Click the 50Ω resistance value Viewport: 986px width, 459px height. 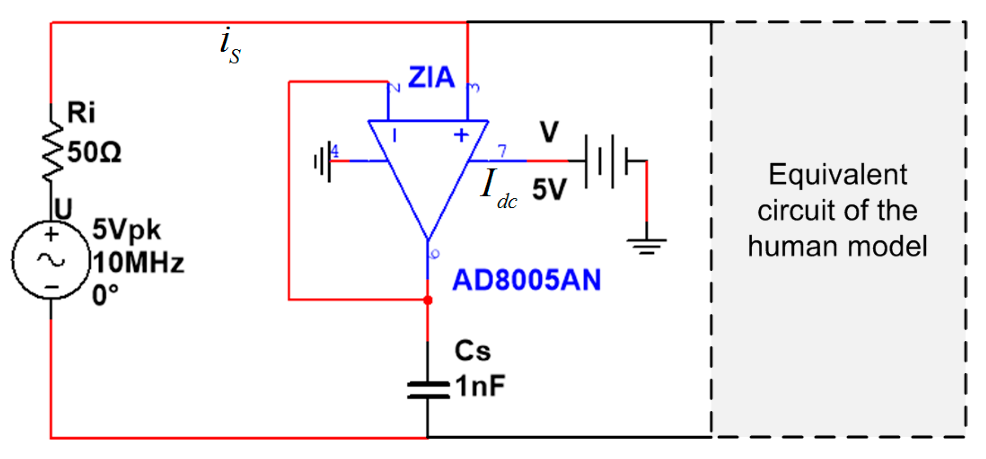94,153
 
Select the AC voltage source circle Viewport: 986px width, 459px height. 51,260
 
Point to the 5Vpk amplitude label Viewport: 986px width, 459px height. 126,230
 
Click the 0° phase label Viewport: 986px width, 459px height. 105,296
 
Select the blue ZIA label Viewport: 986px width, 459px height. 431,77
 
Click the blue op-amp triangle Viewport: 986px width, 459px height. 428,171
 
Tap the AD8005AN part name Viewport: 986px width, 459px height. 526,280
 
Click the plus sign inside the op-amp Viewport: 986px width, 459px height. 461,135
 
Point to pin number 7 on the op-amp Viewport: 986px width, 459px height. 502,150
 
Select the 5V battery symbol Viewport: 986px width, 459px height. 606,161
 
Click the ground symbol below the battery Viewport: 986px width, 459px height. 646,245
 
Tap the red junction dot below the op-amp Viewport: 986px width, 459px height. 428,300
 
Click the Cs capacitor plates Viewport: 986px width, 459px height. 428,390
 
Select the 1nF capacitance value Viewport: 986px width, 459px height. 480,386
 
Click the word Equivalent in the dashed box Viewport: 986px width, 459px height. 837,175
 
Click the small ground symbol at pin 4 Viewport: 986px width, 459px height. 323,161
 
